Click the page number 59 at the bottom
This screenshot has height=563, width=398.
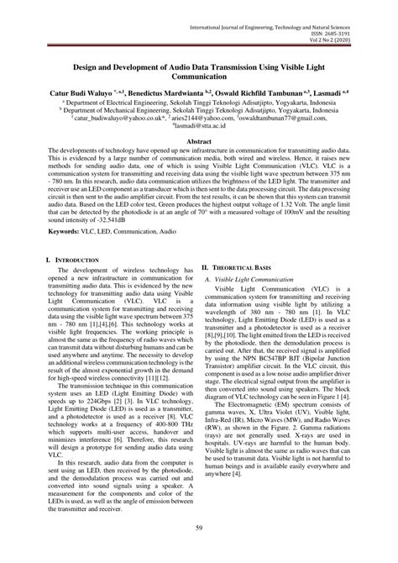(x=198, y=527)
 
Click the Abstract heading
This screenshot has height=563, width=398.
(x=198, y=143)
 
